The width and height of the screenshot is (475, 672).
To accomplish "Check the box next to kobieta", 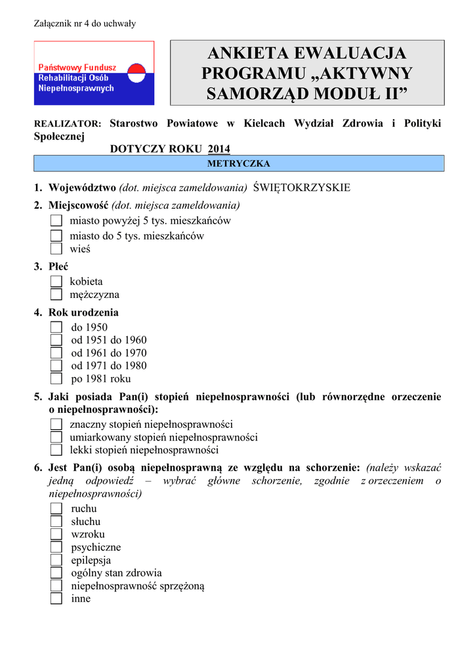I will [x=56, y=282].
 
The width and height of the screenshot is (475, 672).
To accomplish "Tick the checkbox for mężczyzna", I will [x=56, y=295].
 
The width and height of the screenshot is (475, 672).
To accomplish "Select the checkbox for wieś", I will [x=56, y=249].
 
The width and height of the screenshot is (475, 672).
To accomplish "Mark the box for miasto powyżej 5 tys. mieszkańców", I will [x=56, y=221].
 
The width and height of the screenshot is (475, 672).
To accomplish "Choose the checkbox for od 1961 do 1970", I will [x=56, y=353].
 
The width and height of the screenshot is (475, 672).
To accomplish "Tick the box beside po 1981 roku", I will [x=56, y=379].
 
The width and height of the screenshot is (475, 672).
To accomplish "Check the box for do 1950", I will [x=56, y=327].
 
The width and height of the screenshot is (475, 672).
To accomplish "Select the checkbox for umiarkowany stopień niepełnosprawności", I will [x=56, y=437].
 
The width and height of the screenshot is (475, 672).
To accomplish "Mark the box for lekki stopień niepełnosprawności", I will [x=56, y=450].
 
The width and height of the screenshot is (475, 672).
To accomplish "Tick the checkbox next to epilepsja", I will [x=56, y=560].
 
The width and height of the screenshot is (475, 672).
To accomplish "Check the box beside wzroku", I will [x=56, y=534].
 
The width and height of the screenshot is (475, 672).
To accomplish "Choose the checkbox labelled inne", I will [x=56, y=598].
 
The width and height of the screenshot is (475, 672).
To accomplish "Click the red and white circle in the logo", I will [x=134, y=73].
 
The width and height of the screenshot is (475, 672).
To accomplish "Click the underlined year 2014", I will [x=219, y=149].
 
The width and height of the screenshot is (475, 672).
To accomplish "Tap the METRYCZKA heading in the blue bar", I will [x=239, y=163].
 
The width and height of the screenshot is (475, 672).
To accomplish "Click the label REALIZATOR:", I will [x=68, y=124].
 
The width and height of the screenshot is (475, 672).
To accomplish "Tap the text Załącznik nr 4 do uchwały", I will [x=85, y=24].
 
